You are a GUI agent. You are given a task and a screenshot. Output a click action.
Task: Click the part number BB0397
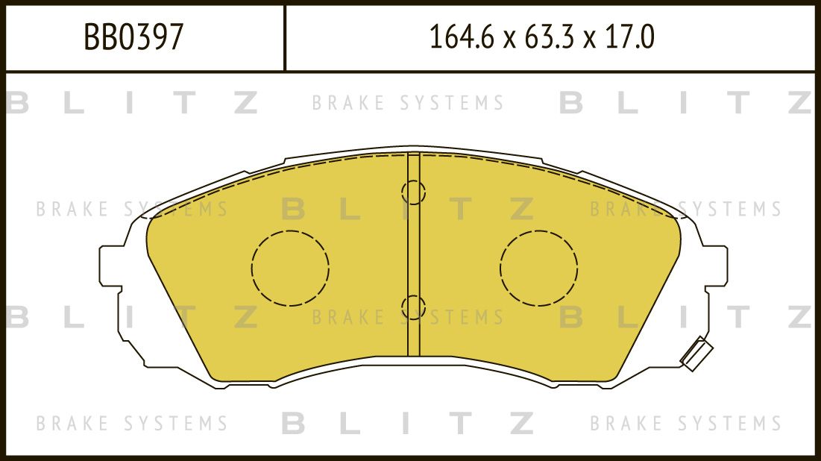click(x=133, y=37)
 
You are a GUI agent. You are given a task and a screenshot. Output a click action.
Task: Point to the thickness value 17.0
click(x=630, y=37)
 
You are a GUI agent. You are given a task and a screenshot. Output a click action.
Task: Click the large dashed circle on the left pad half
click(x=290, y=268)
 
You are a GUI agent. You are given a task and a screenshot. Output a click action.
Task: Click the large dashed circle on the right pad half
click(x=538, y=268)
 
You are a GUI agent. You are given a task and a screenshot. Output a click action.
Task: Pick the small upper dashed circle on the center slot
click(x=413, y=192)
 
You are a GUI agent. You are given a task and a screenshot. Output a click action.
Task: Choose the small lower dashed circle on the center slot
click(x=413, y=307)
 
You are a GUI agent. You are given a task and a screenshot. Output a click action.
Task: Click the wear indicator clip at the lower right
click(x=696, y=354)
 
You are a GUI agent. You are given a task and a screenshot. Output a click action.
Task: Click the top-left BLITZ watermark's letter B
click(x=16, y=103)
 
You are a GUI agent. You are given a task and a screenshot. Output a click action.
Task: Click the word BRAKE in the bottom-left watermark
click(x=72, y=424)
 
